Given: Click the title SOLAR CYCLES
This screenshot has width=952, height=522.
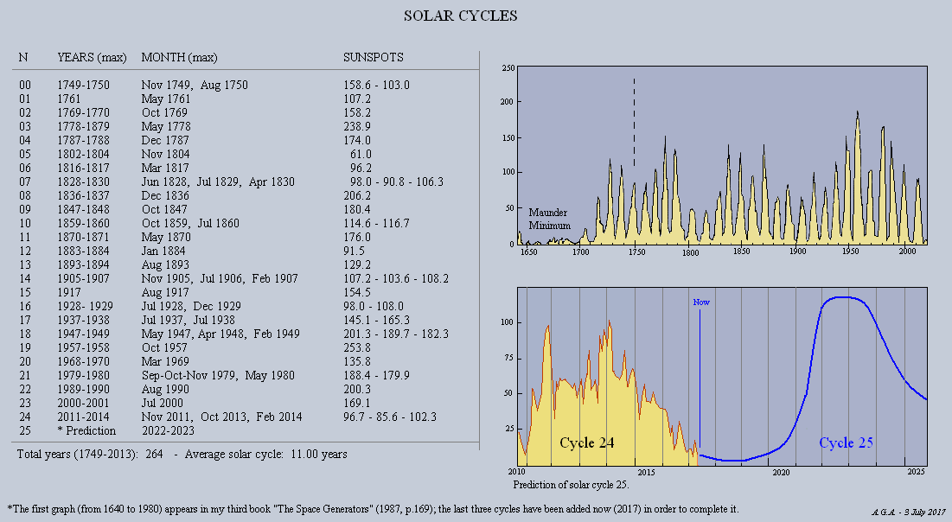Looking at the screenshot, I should pyautogui.click(x=461, y=16).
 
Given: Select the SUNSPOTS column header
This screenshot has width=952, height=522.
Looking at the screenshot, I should pyautogui.click(x=373, y=58).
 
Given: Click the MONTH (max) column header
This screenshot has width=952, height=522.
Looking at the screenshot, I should pyautogui.click(x=179, y=58).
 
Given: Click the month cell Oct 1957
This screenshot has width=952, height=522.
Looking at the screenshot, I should pyautogui.click(x=166, y=347).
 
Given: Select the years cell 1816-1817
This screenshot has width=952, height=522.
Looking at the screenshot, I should pyautogui.click(x=84, y=168).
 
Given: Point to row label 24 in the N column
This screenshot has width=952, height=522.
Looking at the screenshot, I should pyautogui.click(x=25, y=417).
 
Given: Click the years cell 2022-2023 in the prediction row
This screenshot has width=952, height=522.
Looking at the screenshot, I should pyautogui.click(x=169, y=430).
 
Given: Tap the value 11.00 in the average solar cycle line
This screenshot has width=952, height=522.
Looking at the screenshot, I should pyautogui.click(x=306, y=454).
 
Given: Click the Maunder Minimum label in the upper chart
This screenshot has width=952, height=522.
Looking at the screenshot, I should pyautogui.click(x=549, y=218).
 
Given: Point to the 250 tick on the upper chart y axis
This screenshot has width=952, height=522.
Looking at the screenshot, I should pyautogui.click(x=508, y=68).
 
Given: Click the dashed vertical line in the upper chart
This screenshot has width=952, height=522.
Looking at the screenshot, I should pyautogui.click(x=634, y=121).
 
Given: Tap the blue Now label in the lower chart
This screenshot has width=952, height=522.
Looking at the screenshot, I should pyautogui.click(x=700, y=302).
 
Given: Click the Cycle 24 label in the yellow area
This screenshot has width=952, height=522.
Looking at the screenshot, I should pyautogui.click(x=587, y=443).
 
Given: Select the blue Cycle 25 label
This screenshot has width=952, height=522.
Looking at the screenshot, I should pyautogui.click(x=846, y=443).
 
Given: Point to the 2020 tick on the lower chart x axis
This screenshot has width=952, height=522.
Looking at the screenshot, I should pyautogui.click(x=781, y=473).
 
